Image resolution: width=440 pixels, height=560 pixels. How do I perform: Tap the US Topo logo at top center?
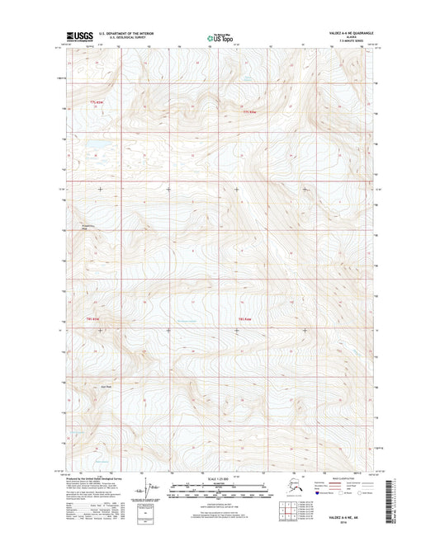click(x=219, y=36)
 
